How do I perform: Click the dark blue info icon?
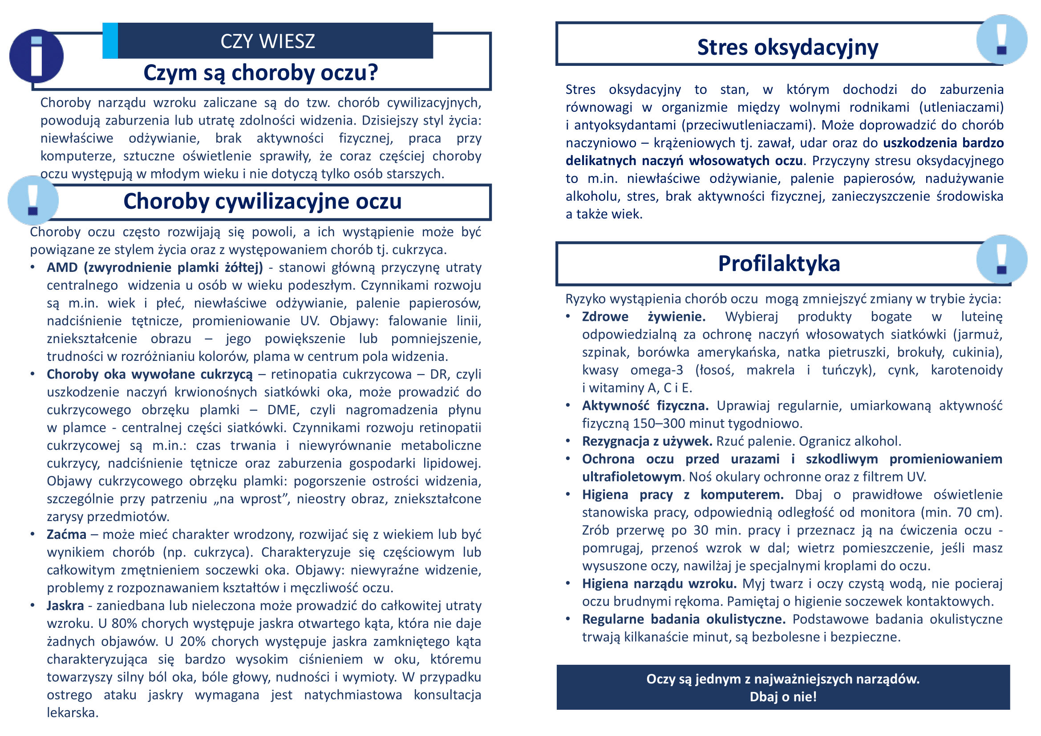tap(36, 56)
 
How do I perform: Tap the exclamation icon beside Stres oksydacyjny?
tap(1001, 40)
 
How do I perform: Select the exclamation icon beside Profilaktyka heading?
tap(1001, 260)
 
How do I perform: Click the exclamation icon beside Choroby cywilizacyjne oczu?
tap(33, 201)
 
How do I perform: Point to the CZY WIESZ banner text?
tap(267, 41)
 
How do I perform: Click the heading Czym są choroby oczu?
tap(261, 73)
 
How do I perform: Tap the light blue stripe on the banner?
tap(110, 41)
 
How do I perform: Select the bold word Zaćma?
tap(66, 534)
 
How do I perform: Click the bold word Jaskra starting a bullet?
tap(65, 606)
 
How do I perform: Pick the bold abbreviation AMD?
tap(62, 267)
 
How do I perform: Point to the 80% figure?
tap(124, 623)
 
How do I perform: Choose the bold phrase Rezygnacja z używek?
tap(647, 441)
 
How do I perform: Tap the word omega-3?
tap(657, 370)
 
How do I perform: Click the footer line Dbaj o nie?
tap(783, 696)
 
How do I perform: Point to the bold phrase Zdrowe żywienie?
tap(644, 316)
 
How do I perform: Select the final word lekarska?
tap(72, 712)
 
